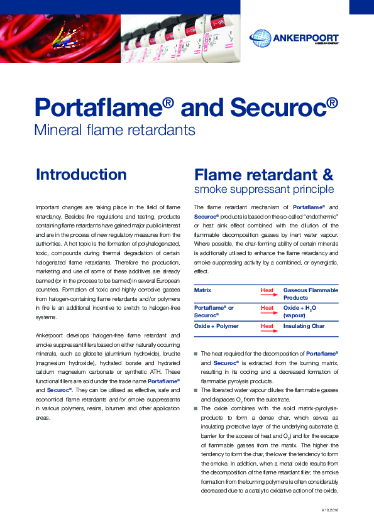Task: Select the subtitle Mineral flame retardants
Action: tap(114, 131)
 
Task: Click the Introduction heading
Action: tap(81, 174)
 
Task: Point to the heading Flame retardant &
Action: tap(264, 174)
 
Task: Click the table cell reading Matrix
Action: tap(203, 290)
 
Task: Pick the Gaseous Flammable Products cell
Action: tap(311, 294)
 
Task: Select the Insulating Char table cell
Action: tap(304, 326)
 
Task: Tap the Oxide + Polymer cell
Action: tap(216, 326)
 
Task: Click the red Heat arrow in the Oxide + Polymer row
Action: tap(268, 327)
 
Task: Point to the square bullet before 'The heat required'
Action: tap(196, 354)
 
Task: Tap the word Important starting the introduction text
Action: tap(48, 207)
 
